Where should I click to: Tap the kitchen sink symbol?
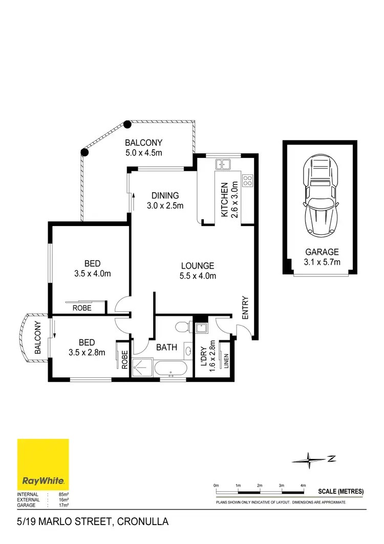coord(223,165)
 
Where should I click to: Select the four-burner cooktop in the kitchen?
coord(247,180)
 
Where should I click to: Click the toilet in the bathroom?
coord(183,327)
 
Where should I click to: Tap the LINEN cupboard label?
coord(225,361)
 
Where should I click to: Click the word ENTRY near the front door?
coord(245,308)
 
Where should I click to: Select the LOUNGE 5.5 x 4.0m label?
coord(197,271)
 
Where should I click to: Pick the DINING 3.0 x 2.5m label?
coord(165,200)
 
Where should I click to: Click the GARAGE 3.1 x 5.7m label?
coord(322,257)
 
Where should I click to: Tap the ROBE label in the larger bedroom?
coord(82,308)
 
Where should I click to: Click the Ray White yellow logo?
coord(43,465)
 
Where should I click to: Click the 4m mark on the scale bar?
coord(303,485)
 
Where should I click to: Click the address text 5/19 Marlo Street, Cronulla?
coord(93,522)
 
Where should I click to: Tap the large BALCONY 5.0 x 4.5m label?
coord(144,148)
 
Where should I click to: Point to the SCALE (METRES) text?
coord(340,491)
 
